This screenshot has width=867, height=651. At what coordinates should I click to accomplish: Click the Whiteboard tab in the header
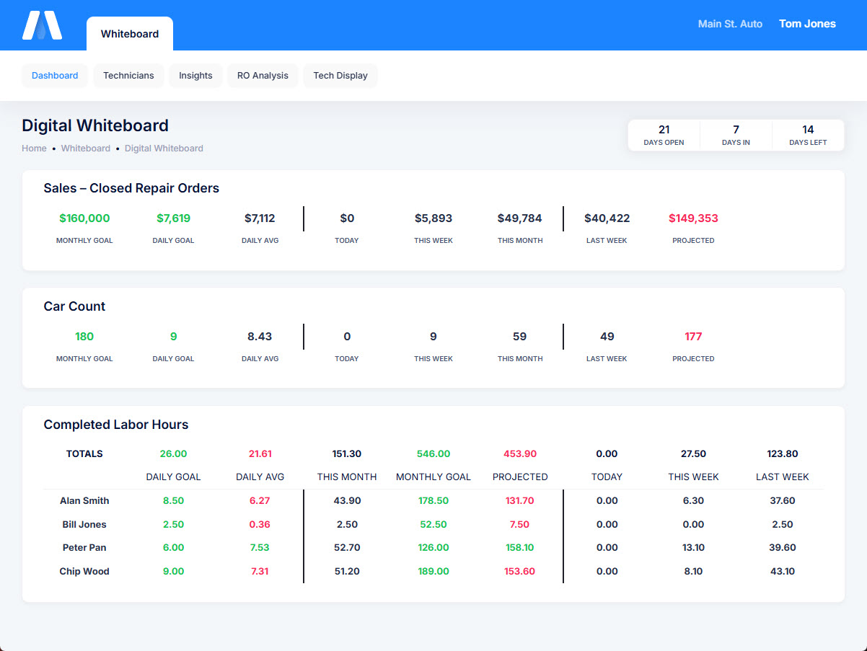point(130,34)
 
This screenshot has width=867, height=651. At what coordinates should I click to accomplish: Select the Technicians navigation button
point(128,76)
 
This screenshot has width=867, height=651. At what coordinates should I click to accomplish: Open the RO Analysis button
point(263,76)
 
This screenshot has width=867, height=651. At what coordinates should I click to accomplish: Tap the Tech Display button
point(340,76)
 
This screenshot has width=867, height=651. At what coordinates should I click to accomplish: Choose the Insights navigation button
point(195,76)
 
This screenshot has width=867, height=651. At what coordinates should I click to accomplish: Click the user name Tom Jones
point(807,24)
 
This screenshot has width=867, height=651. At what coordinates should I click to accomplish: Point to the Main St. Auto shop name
point(730,24)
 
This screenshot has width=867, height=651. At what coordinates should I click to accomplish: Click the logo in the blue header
point(42,25)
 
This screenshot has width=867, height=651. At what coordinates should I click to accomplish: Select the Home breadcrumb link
point(34,149)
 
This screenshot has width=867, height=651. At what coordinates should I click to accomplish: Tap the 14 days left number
point(808,130)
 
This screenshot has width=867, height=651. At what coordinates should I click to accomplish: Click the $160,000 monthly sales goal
point(84,218)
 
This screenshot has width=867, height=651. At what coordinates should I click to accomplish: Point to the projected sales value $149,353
point(693,218)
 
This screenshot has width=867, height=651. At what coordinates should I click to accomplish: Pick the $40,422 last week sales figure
point(607,218)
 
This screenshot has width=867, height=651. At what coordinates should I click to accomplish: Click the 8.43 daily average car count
point(260,337)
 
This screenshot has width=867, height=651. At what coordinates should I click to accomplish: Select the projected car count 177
point(693,337)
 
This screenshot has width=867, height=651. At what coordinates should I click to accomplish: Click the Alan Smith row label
point(85,501)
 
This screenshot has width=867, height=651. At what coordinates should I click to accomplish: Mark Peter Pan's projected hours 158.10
point(519,548)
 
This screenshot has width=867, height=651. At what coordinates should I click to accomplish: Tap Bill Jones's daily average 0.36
point(260,525)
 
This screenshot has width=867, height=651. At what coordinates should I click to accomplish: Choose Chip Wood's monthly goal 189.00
point(433,572)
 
